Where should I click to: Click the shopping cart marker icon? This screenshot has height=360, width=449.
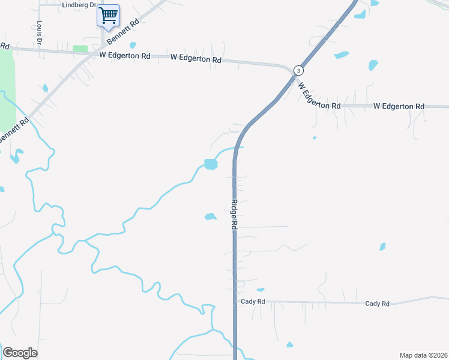coord(108,15)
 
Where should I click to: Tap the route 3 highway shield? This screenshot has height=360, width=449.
coord(298,70)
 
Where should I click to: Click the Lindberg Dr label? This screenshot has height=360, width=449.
coord(79,5)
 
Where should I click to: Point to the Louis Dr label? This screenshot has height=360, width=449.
coord(39,33)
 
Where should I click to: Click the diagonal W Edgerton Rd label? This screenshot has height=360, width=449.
coord(319,95)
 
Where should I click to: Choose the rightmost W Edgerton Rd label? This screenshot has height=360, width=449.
coord(399,106)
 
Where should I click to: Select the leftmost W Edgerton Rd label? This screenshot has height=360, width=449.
coord(125,56)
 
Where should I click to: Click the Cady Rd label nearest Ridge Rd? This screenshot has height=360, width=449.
coord(252,302)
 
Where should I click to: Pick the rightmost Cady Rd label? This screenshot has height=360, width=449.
coord(377,304)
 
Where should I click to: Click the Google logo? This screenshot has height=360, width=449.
coord(20,353)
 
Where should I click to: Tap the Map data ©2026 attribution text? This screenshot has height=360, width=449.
coord(423,355)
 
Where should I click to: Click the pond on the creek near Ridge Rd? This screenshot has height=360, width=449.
coord(210,164)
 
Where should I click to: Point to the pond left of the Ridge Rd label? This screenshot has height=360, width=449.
coord(210,217)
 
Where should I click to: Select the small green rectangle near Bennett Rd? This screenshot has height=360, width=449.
coord(80,49)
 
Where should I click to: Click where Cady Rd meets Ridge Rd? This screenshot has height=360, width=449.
coord(235,301)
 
